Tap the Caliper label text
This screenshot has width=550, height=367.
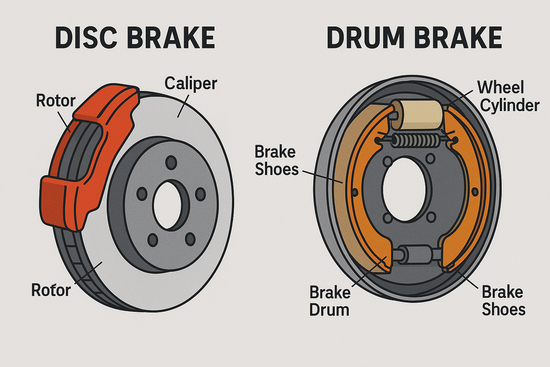pyautogui.click(x=190, y=84)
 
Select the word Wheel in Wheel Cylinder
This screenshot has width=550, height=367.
pyautogui.click(x=500, y=87)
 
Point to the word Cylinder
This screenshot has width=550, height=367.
pyautogui.click(x=510, y=105)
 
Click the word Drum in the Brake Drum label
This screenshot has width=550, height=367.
pyautogui.click(x=329, y=310)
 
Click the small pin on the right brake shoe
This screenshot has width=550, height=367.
pyautogui.click(x=475, y=192)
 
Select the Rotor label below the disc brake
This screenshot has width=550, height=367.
pyautogui.click(x=51, y=290)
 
